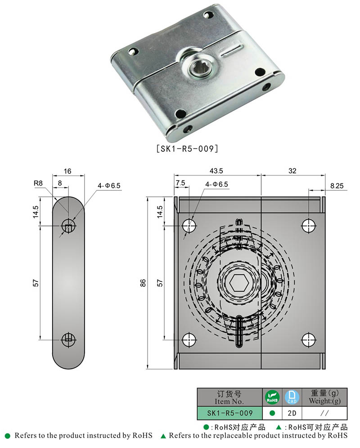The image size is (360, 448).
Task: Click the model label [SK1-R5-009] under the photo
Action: [x=186, y=148]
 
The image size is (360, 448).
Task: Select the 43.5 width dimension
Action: [x=216, y=172]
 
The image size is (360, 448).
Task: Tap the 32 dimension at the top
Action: [x=292, y=172]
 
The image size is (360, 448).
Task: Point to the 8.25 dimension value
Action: [x=337, y=185]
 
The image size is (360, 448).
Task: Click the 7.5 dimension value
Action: [x=180, y=183]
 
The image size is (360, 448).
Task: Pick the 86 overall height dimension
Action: [x=143, y=283]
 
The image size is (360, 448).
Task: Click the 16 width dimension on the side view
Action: [x=67, y=172]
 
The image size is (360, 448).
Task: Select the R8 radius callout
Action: [x=38, y=184]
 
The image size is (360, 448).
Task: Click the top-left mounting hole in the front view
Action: [x=189, y=225]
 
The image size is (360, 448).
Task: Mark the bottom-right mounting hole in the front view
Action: [x=308, y=339]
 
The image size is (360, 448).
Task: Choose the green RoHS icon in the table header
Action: [x=272, y=397]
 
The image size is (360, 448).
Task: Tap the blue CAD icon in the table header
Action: [x=292, y=397]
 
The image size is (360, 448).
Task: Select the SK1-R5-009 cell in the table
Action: [x=229, y=413]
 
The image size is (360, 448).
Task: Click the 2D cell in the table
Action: [x=292, y=413]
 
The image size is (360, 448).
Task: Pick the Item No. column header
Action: [x=229, y=397]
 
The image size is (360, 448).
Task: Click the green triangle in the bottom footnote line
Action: [x=163, y=436]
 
